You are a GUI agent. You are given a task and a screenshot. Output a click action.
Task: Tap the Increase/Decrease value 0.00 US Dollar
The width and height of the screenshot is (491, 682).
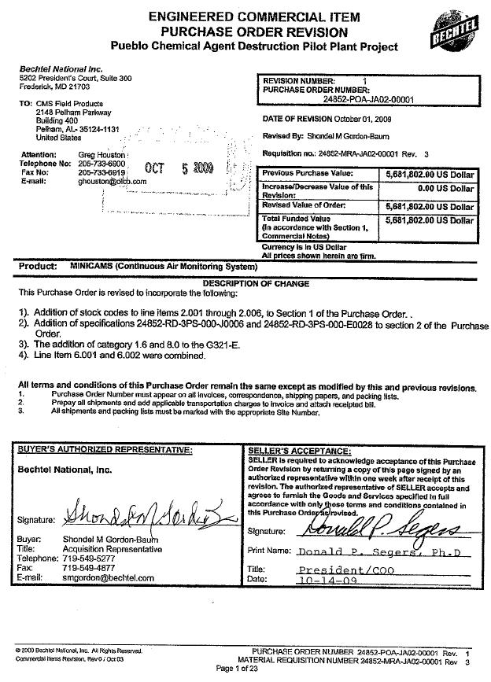(445, 189)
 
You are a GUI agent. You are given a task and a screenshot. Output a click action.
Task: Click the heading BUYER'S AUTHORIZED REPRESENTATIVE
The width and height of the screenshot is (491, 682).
(105, 450)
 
